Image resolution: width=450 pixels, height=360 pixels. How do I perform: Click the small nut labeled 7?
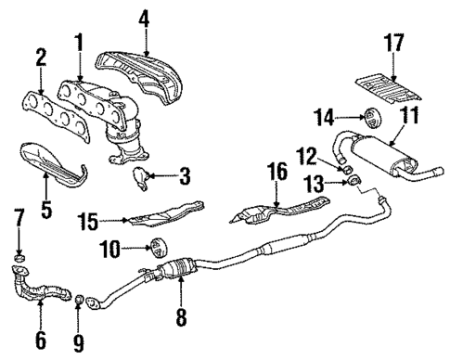pos(19,256)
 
